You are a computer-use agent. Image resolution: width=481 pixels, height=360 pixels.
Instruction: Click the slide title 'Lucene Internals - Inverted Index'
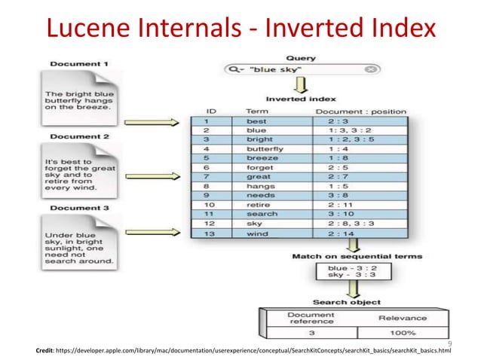240,28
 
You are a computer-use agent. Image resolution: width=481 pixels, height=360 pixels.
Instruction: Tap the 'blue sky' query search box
301,69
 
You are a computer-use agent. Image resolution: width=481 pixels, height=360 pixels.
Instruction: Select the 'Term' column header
257,111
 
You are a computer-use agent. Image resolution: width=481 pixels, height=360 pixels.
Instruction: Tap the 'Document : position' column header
360,111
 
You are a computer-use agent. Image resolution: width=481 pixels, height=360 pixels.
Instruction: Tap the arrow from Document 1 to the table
150,121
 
